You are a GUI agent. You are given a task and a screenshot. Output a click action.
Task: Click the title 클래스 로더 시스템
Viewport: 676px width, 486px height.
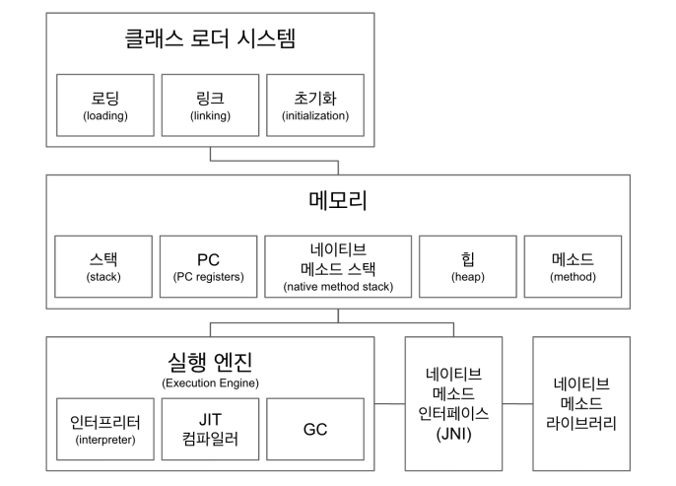[210, 40]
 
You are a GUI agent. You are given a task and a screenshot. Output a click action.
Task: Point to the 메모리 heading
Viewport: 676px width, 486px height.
[338, 201]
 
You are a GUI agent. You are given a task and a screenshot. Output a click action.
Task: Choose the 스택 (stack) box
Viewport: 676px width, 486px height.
[103, 266]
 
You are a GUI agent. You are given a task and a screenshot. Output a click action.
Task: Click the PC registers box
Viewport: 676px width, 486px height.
[208, 266]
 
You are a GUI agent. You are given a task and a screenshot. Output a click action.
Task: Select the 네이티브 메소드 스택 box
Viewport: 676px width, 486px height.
[338, 266]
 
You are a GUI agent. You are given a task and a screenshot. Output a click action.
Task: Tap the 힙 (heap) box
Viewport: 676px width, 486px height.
[467, 266]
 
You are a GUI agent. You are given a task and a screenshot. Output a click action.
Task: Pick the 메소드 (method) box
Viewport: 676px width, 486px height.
[573, 266]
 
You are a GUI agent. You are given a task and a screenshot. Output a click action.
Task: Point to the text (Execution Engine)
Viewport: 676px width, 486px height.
[209, 382]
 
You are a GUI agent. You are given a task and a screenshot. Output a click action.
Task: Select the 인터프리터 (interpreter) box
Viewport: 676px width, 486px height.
[104, 430]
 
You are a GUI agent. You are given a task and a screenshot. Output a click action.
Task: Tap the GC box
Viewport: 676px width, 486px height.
[315, 430]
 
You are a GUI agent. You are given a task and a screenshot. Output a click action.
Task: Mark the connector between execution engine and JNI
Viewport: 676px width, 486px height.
[390, 404]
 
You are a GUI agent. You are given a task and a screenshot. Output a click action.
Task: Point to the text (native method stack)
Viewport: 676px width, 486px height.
[338, 287]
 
